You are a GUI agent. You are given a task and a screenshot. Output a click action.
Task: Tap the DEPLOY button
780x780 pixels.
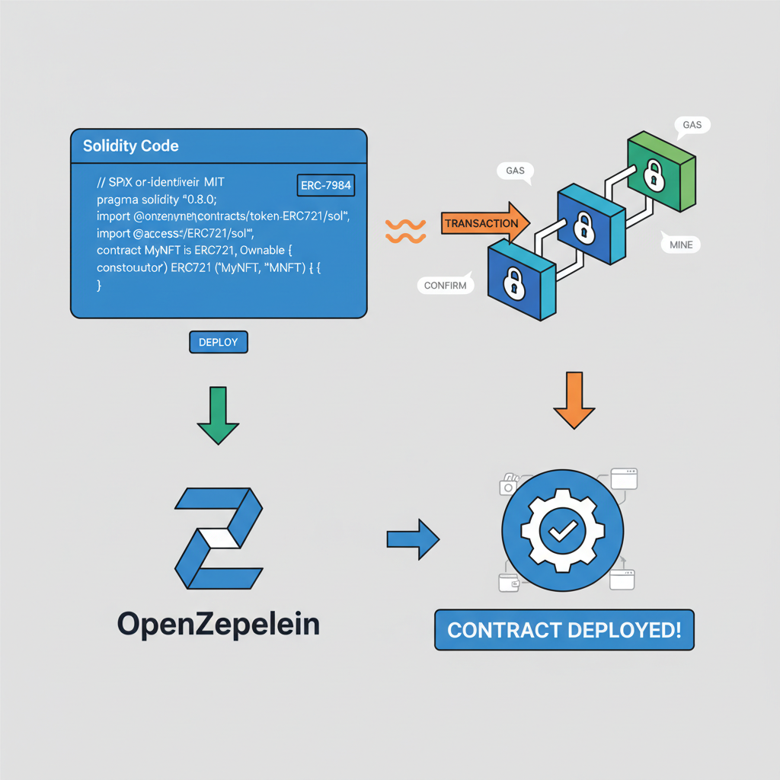click(x=218, y=343)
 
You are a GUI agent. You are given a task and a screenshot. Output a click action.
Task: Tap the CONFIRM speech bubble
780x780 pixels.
click(x=446, y=286)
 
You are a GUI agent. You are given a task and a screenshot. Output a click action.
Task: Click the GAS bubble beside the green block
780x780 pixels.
click(x=692, y=124)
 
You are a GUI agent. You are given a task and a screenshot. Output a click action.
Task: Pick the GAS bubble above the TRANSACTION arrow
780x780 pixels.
click(x=516, y=171)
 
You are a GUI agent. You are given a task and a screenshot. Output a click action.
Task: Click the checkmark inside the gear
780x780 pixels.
click(x=562, y=529)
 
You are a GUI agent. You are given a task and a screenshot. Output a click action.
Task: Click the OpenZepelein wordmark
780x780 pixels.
click(x=219, y=625)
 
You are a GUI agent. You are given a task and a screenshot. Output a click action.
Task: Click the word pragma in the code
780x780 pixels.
click(x=119, y=200)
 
